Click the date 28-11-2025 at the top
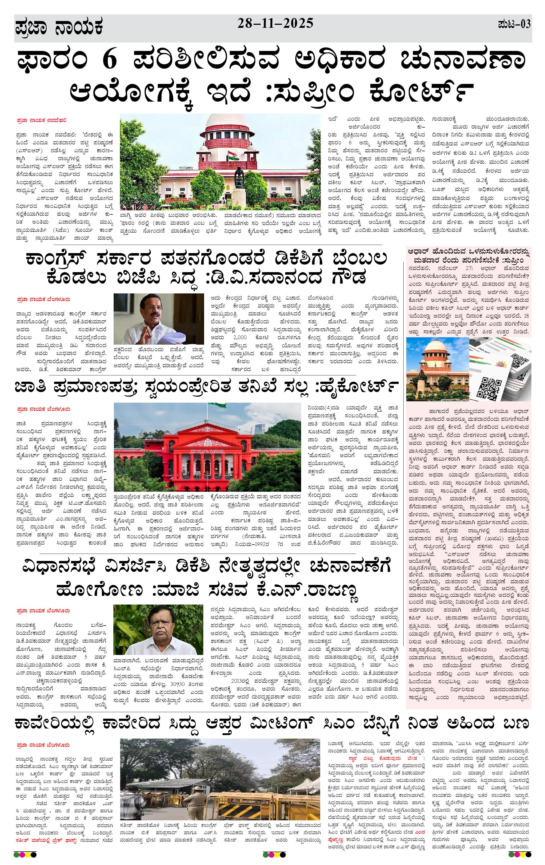pyautogui.click(x=275, y=24)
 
